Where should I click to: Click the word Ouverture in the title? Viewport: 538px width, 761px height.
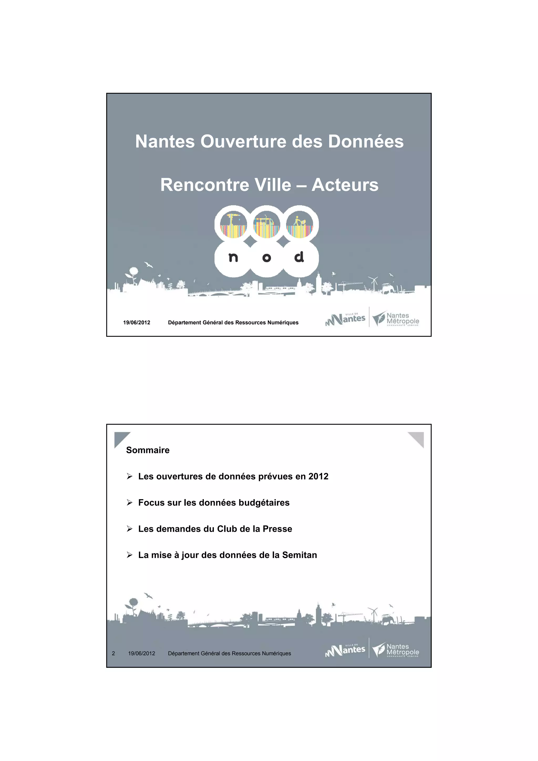pos(244,142)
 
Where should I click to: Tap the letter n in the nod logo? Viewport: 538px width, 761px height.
pos(233,258)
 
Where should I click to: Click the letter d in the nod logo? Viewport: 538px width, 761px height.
pos(299,257)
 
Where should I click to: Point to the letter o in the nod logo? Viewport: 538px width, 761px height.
pos(267,258)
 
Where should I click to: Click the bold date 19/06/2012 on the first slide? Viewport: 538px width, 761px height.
pos(137,322)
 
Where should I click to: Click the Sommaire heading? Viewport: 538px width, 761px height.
pos(148,450)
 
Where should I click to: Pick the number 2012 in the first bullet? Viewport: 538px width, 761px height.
pos(318,476)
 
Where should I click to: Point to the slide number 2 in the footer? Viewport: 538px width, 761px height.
pos(113,653)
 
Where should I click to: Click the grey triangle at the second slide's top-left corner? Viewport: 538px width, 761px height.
pos(120,438)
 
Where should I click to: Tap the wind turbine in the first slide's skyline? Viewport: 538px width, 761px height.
pos(374,283)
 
